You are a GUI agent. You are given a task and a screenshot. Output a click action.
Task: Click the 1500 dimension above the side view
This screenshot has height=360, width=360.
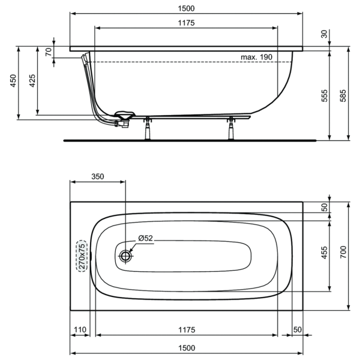coord(186,8)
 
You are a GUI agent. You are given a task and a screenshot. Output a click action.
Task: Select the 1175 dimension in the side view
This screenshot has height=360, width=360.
coord(186,23)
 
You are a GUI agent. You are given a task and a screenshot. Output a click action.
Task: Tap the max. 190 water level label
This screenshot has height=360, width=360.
coord(256,57)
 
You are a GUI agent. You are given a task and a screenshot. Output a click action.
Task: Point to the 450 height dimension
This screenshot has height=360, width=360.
coord(13,80)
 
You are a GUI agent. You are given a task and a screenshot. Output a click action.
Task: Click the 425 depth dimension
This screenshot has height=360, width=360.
coord(32,80)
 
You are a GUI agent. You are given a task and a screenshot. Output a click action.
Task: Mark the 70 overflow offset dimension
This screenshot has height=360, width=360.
coord(49,52)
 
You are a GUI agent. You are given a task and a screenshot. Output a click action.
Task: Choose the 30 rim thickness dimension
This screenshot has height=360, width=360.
coord(324,34)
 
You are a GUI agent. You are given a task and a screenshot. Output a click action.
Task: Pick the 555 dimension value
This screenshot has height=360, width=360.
coord(324,96)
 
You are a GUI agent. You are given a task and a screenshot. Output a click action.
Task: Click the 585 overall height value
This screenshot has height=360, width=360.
coord(343,96)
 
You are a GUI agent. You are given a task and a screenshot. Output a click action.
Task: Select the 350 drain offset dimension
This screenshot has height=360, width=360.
coord(98,176)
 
